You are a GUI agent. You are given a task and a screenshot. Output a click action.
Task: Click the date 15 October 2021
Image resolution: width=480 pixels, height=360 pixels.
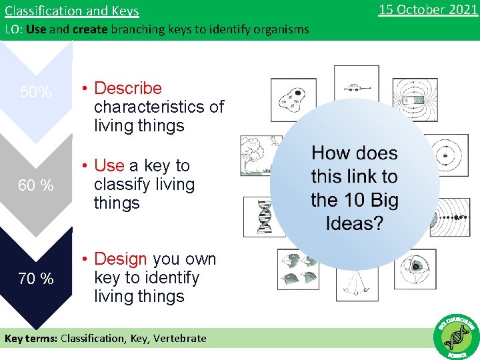coord(428,9)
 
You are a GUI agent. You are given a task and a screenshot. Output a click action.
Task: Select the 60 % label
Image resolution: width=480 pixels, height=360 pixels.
coord(36,185)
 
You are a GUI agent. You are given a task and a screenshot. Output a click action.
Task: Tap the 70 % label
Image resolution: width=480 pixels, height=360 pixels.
coord(36,279)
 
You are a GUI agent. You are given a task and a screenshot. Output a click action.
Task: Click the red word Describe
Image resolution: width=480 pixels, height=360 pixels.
coord(128,88)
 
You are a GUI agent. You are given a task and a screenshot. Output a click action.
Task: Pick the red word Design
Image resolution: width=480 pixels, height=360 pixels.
coord(121,259)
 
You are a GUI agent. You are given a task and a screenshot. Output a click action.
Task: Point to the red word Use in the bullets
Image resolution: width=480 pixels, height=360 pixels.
coord(109,165)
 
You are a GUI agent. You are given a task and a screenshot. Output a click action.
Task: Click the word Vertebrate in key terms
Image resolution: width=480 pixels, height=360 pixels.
coord(180,338)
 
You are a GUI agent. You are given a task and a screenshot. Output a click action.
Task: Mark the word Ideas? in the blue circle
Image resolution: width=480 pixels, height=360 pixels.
coord(354,223)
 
